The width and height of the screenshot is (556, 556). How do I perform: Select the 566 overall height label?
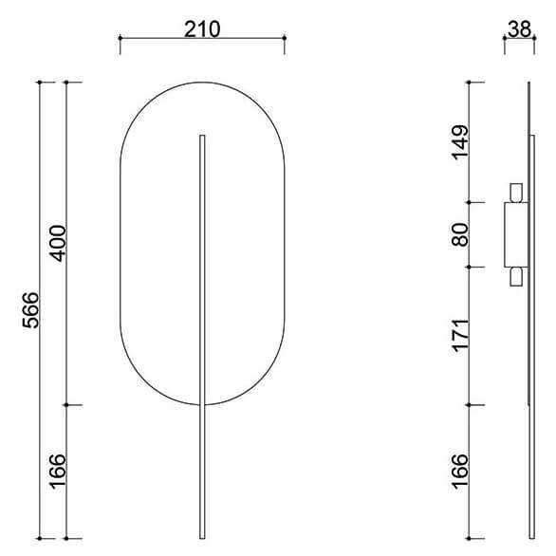[30, 309]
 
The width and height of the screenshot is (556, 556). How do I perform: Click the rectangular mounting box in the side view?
[515, 234]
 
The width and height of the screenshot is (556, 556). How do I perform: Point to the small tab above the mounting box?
[516, 193]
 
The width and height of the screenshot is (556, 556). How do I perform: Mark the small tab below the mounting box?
[516, 276]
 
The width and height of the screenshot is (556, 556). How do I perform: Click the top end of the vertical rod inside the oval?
[202, 137]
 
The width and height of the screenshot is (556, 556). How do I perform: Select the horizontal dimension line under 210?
[202, 39]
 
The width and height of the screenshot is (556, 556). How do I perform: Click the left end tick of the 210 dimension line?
[120, 39]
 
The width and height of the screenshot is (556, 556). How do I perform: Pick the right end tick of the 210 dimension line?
[285, 39]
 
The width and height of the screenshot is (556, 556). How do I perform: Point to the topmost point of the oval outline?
[202, 83]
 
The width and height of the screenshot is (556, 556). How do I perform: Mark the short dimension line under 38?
[518, 40]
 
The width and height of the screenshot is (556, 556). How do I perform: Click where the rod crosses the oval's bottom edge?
[202, 404]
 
